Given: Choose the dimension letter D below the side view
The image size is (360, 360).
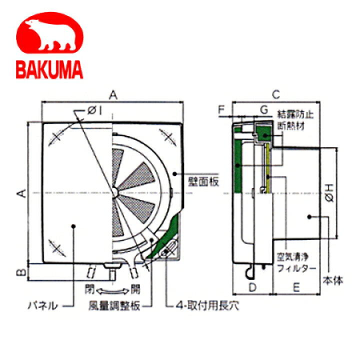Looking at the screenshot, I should [252, 287].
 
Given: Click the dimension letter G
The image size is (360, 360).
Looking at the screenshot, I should [263, 108].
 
